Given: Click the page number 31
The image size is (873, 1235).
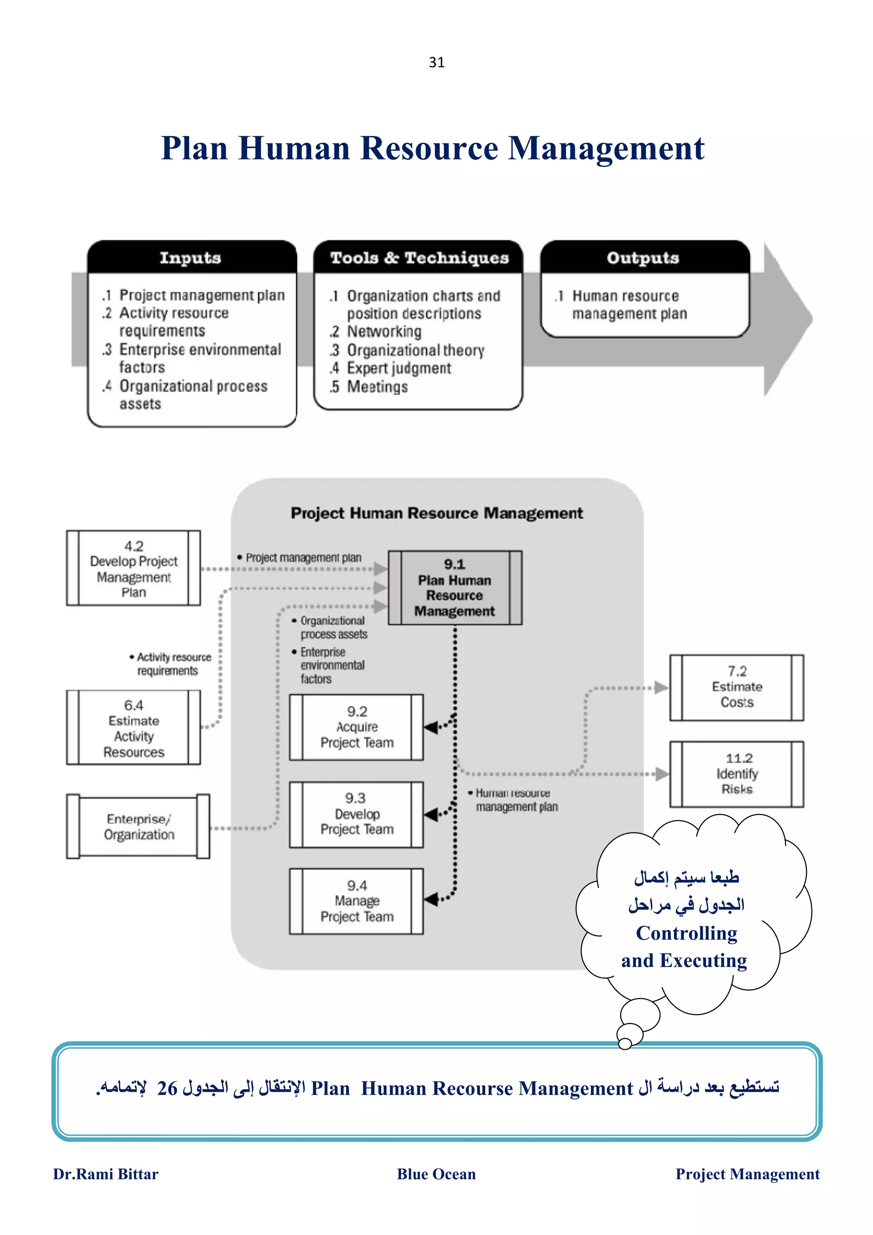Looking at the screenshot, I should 436,62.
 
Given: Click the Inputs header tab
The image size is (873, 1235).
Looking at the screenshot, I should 191,258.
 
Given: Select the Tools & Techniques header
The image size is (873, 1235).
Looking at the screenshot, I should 419,258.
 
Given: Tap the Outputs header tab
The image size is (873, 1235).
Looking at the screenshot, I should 643,258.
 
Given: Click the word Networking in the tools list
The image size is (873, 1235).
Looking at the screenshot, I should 384,332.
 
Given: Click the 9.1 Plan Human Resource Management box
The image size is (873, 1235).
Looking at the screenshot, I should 454,587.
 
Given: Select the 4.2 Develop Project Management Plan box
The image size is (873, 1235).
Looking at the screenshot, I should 133,568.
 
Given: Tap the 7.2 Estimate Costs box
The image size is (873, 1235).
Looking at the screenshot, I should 736,687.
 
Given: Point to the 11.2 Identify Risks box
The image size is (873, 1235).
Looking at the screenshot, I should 736,773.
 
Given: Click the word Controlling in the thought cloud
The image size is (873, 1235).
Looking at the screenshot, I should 686,933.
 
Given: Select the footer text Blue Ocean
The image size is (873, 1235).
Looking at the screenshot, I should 436,1174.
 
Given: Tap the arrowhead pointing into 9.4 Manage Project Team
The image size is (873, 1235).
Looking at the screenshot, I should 431,899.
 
